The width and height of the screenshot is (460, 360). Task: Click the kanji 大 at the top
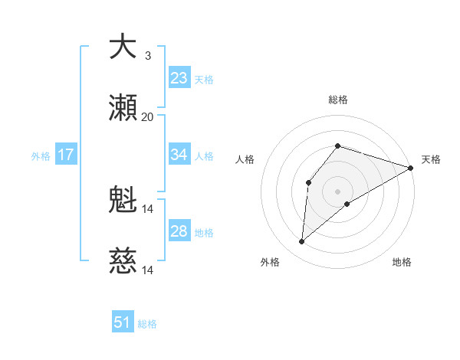[x=123, y=47]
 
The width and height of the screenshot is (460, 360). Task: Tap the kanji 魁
[x=123, y=201]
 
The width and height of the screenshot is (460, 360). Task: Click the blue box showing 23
[x=179, y=78]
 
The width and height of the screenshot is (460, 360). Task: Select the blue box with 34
[x=179, y=155]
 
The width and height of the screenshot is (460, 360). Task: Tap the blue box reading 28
[x=179, y=231]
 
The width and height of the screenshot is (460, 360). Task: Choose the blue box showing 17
[x=66, y=155]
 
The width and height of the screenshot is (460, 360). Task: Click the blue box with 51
[x=123, y=322]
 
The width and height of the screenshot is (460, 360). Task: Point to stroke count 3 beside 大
[x=147, y=56]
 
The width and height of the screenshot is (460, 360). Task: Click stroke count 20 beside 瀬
[x=147, y=117]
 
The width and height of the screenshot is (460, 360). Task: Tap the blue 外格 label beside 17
[x=41, y=155]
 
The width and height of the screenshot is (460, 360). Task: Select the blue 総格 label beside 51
[x=147, y=323]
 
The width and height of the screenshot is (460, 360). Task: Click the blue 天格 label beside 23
[x=204, y=79]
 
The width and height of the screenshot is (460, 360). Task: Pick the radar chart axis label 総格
[x=338, y=100]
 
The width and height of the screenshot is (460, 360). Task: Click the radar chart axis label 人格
[x=245, y=159]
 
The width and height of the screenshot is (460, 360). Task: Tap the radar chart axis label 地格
[x=402, y=263]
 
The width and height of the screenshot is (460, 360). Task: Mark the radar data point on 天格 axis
[x=411, y=168]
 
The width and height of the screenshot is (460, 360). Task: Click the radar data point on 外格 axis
[x=302, y=242]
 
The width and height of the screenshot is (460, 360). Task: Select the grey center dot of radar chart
[x=338, y=191]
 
